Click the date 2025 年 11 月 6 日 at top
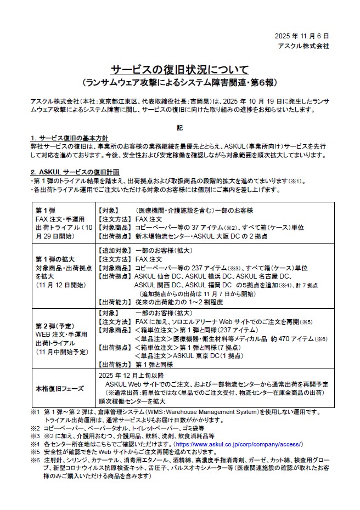pos(302,36)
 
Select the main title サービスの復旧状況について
pos(179,70)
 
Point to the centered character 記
pos(179,128)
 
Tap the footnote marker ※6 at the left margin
pos(35,460)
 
